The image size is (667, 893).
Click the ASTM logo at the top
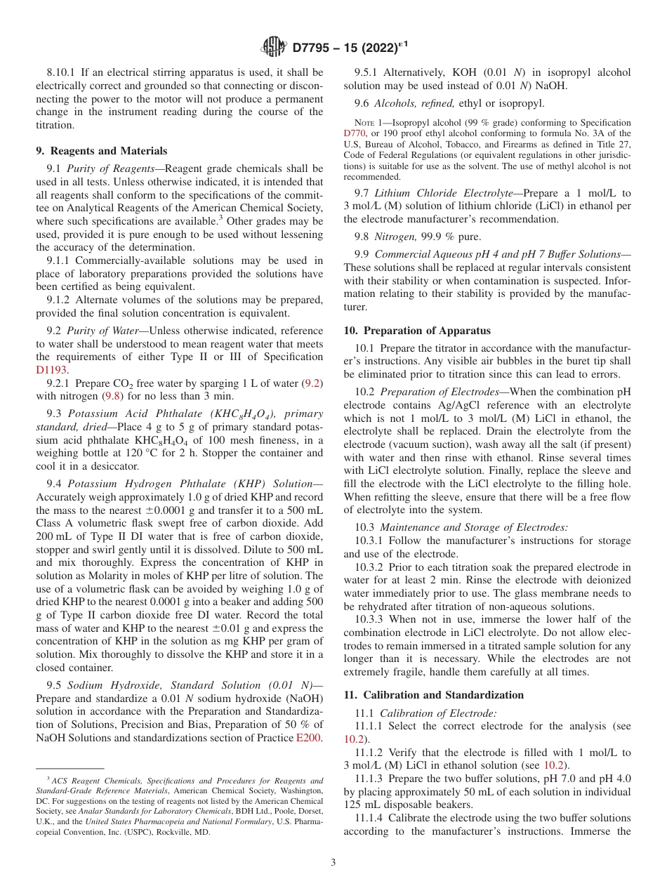tap(273, 47)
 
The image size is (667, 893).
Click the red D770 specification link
tap(356, 133)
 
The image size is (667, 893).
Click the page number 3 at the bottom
tap(333, 863)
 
